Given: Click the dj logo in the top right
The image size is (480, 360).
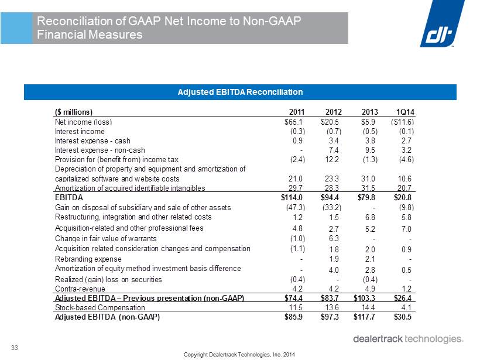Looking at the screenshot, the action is coord(443,24).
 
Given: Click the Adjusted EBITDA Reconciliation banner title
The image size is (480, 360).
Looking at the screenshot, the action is coord(241,92).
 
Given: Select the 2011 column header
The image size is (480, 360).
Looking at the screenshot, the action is coord(297,112).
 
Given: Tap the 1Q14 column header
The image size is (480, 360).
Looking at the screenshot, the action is coord(405,112).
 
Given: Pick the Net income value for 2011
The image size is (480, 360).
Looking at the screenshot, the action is coord(294,122).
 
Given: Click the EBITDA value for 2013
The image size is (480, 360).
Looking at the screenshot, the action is coord(366,197).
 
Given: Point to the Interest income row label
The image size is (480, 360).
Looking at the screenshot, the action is coord(80,131).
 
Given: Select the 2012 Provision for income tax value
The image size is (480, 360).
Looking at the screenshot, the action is coord(332,159).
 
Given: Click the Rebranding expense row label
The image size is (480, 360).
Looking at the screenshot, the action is coord(88,259).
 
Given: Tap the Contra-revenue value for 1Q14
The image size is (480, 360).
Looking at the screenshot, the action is coord(406,289).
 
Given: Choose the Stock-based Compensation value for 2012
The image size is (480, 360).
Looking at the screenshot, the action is coord(332,307).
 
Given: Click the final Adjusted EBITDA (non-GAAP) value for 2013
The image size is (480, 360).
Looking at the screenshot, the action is coord(364,317).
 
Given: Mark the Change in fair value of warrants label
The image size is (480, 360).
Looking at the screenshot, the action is coord(105,238).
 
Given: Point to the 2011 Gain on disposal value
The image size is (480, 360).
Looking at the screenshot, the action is coord(296,208).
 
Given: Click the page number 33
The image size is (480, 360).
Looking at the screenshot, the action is coord(15,348).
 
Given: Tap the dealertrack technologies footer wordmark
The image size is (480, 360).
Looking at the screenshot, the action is coord(409,339).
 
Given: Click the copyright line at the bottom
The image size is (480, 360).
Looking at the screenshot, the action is coord(239,355).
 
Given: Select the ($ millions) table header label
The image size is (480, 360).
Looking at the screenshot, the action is coord(74,112).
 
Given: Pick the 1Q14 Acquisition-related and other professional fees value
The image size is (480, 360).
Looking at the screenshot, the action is coord(406,229).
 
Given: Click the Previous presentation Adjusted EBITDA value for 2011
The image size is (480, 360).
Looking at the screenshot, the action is coord(294,298).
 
